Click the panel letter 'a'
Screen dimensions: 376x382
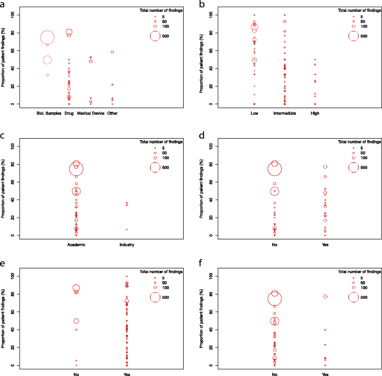pyautogui.click(x=4, y=4)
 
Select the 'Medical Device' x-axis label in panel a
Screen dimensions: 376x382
pyautogui.click(x=90, y=113)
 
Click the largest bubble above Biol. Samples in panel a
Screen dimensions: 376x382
pyautogui.click(x=47, y=37)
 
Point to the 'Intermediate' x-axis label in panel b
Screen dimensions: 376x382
pyautogui.click(x=284, y=113)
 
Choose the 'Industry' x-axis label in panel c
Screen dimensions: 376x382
pyautogui.click(x=127, y=244)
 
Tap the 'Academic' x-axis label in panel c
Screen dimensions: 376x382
pyautogui.click(x=76, y=244)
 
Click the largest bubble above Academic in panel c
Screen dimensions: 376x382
pyautogui.click(x=76, y=169)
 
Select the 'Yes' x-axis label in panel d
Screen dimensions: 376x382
pyautogui.click(x=325, y=244)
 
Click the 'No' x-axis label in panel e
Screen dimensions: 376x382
pyautogui.click(x=76, y=375)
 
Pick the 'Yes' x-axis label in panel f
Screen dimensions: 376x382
pyautogui.click(x=325, y=375)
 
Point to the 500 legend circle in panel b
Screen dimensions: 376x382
pyautogui.click(x=354, y=36)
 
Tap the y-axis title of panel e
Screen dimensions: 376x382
pyautogui.click(x=4, y=320)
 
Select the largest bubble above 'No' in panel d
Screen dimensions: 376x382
pyautogui.click(x=274, y=169)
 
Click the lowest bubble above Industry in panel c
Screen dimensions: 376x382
pyautogui.click(x=127, y=230)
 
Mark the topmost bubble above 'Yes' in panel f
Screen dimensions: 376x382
pyautogui.click(x=325, y=296)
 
